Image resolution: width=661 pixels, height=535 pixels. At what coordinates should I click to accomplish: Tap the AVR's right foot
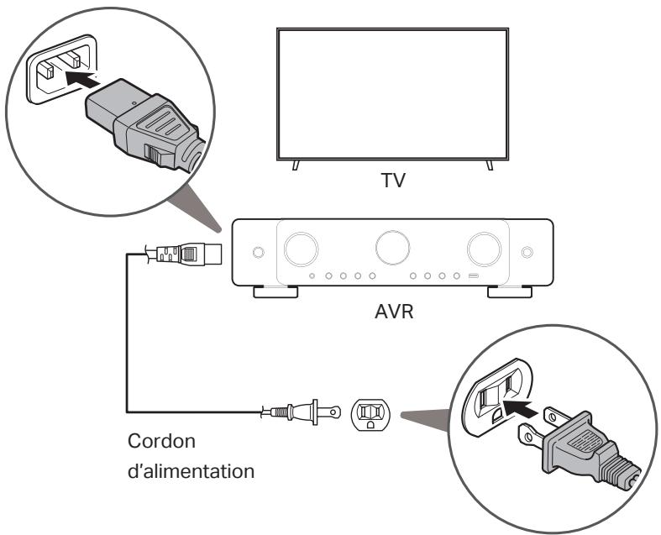[x=509, y=292]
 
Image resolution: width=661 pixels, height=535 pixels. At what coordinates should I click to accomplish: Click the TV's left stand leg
[x=293, y=165]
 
